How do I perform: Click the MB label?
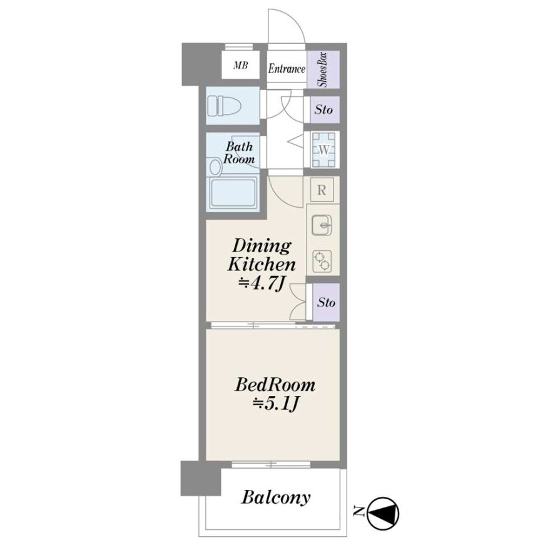click(x=240, y=65)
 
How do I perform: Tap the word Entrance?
click(x=287, y=68)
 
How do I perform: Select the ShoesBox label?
click(x=323, y=69)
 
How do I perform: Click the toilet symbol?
click(x=224, y=106)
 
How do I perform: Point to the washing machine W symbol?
click(x=323, y=150)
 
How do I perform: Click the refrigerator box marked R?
click(x=322, y=190)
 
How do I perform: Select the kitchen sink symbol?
click(x=322, y=225)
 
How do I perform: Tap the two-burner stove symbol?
click(x=322, y=261)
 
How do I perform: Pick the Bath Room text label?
click(x=239, y=153)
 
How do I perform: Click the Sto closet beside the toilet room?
click(x=323, y=110)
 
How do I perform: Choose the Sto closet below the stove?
click(x=326, y=302)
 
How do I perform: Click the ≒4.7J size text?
click(x=262, y=284)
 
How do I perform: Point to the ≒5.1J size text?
click(x=275, y=404)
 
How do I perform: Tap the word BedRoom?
click(x=275, y=385)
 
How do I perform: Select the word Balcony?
click(x=275, y=497)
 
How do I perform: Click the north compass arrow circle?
click(x=383, y=513)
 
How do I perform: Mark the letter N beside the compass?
click(x=358, y=510)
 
